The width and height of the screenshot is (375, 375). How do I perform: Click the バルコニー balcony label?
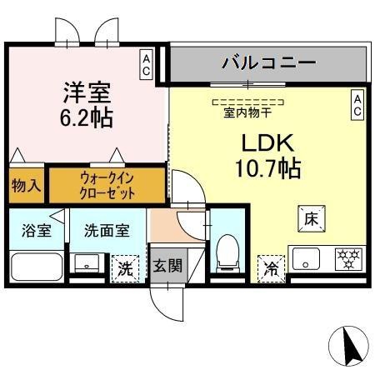269,62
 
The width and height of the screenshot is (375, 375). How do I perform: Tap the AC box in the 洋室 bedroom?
147,65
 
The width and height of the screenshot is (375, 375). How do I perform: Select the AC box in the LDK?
357,105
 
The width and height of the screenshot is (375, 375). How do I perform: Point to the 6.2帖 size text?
87,118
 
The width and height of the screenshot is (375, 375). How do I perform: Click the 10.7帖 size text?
268,168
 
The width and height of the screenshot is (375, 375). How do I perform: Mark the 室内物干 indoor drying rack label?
247,113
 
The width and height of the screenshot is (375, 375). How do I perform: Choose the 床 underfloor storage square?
312,219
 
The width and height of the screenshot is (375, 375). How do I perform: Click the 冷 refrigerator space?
272,269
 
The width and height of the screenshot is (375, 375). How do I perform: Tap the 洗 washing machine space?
125,268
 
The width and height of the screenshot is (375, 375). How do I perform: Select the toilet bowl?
227,253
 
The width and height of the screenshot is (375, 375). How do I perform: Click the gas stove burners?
348,259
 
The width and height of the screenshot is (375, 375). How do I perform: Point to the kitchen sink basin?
306,258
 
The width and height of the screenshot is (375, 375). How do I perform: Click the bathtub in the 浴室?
37,267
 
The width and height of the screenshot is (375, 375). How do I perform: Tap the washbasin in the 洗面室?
87,263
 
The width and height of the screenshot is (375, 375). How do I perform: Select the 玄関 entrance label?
167,265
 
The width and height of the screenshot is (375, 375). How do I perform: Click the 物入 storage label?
26,186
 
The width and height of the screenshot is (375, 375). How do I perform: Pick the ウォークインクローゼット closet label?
107,185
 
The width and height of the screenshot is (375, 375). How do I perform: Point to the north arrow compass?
348,346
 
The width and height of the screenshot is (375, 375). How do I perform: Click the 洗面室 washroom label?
107,230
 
